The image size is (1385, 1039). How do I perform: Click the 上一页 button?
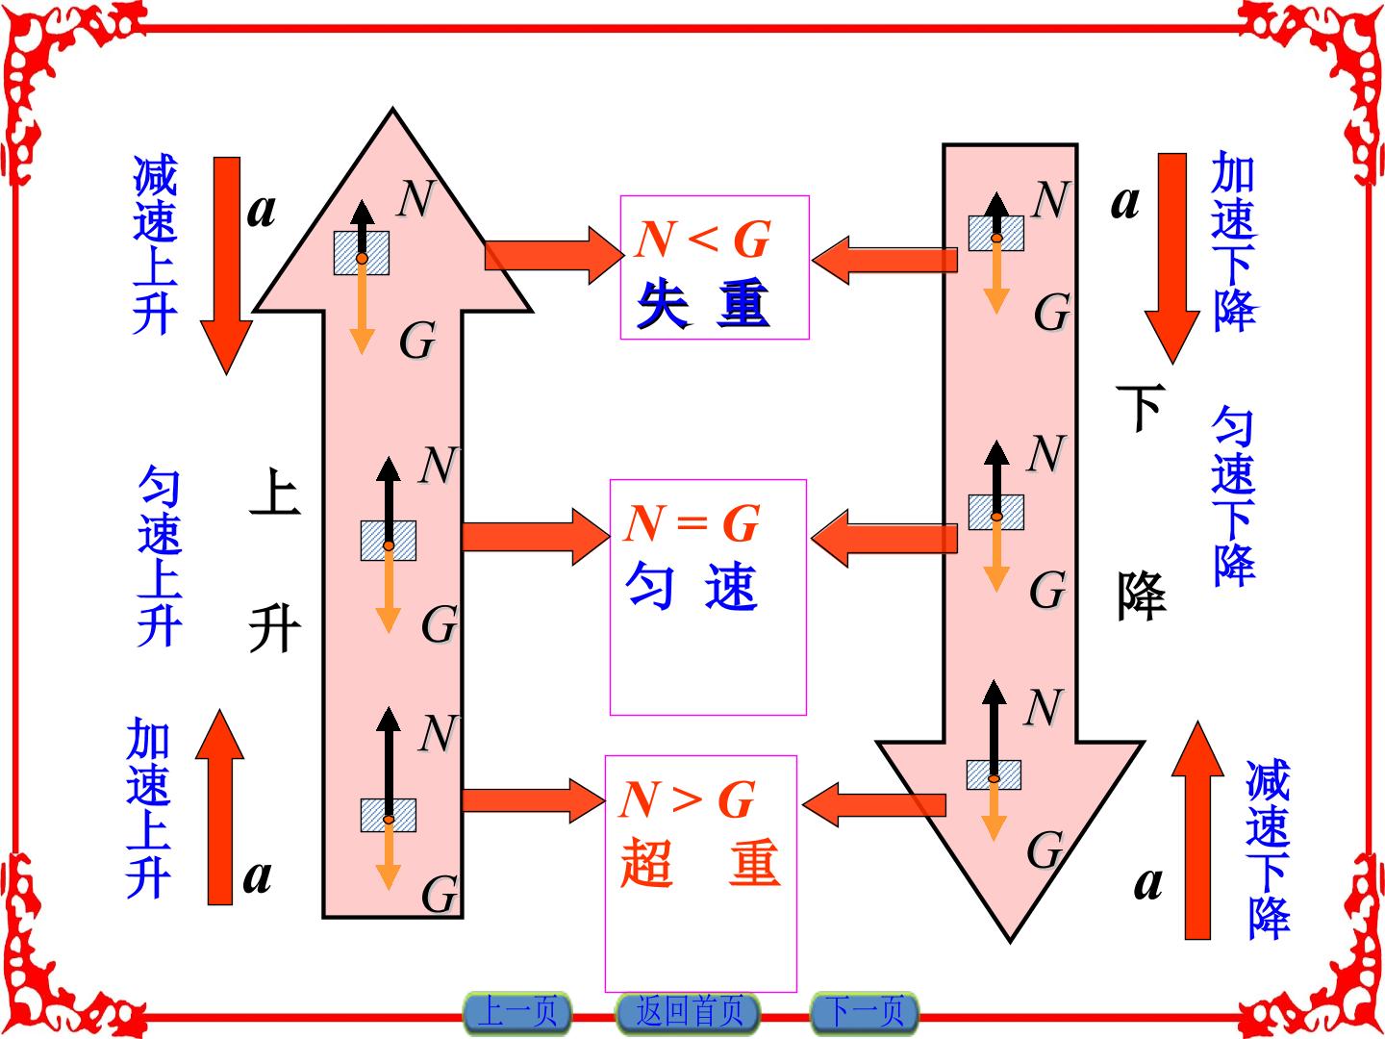pos(517,1012)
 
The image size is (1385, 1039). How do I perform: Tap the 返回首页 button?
pos(689,1012)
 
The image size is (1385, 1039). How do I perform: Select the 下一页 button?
pos(865,1012)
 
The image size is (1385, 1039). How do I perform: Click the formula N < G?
pos(703,240)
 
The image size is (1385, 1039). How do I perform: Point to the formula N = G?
pos(692,523)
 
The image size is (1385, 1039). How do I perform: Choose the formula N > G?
pos(687,799)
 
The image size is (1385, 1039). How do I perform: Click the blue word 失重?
pos(703,304)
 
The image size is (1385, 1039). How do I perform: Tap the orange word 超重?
pos(700,863)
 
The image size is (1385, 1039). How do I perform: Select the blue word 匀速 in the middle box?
pos(691,586)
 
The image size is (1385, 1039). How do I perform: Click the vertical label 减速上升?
pos(155,244)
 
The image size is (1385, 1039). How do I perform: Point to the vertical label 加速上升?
pos(148,807)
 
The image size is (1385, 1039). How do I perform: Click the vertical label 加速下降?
pos(1234,241)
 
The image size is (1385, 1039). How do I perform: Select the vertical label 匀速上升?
pos(159,556)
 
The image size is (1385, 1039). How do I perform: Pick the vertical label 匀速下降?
pos(1234,496)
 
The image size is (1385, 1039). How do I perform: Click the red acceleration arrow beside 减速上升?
pos(227,265)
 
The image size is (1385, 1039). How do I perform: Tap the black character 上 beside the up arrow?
pos(275,492)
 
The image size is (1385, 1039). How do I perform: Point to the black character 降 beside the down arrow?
pos(1142,596)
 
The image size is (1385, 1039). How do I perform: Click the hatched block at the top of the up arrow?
pos(362,253)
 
